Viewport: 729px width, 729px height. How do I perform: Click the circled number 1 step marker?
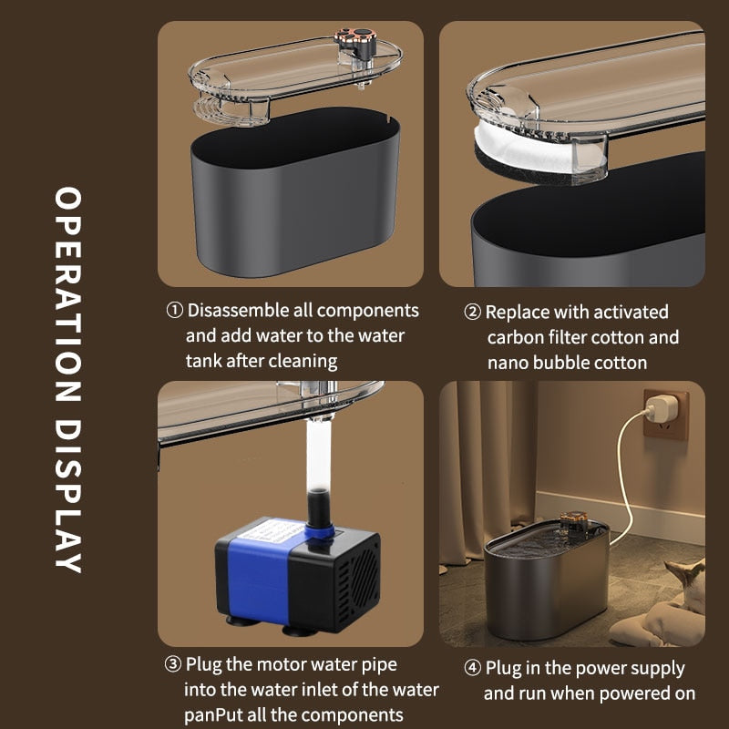point(174,310)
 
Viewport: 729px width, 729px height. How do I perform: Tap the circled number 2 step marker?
point(472,312)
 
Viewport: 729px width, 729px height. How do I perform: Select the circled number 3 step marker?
point(172,664)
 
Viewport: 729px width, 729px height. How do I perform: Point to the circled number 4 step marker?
point(472,668)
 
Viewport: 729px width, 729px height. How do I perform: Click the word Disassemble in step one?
point(238,310)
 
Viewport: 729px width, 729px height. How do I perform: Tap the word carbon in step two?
point(516,337)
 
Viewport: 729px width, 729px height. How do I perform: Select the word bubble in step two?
point(561,363)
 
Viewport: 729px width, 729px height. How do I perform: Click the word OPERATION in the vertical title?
point(68,294)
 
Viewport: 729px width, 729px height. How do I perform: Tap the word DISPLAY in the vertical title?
point(68,497)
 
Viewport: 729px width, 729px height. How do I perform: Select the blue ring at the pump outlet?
point(321,530)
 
